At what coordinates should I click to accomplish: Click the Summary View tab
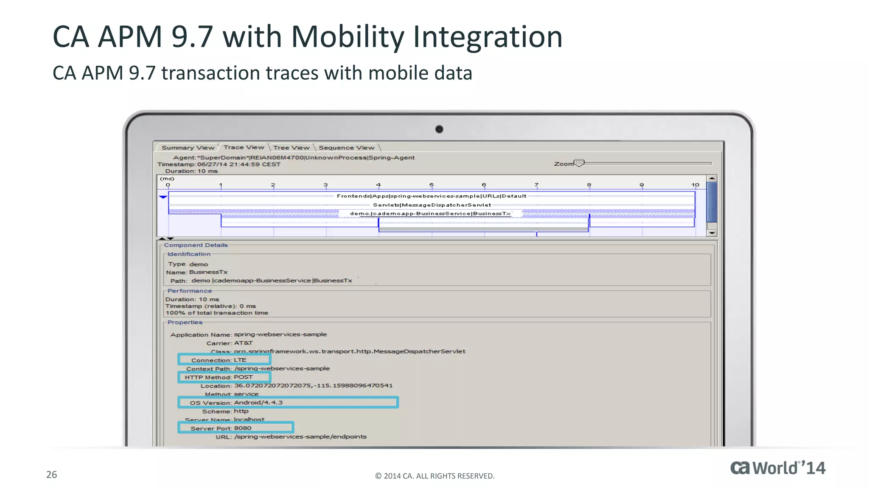[188, 148]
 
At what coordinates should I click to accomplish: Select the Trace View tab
[244, 147]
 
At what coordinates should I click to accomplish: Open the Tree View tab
[291, 148]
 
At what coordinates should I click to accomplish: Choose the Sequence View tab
[346, 148]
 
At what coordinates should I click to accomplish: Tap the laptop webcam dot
[439, 129]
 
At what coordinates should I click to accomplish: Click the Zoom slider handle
[579, 163]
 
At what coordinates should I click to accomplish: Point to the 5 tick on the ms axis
[431, 185]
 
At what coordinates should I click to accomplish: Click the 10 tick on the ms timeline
[695, 185]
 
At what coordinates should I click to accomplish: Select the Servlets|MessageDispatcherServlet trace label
[432, 205]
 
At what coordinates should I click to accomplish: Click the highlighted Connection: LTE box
[224, 360]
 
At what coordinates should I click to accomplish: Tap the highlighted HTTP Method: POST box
[224, 377]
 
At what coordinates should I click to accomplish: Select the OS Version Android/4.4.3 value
[258, 402]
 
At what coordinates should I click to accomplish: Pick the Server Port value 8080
[243, 428]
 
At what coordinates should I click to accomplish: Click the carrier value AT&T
[243, 343]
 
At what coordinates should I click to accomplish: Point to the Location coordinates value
[313, 385]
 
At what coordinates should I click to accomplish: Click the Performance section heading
[189, 291]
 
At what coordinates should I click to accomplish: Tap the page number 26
[51, 475]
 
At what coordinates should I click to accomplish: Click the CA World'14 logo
[777, 468]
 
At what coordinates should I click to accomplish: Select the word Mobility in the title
[348, 37]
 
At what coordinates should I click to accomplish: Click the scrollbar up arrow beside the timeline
[712, 179]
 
